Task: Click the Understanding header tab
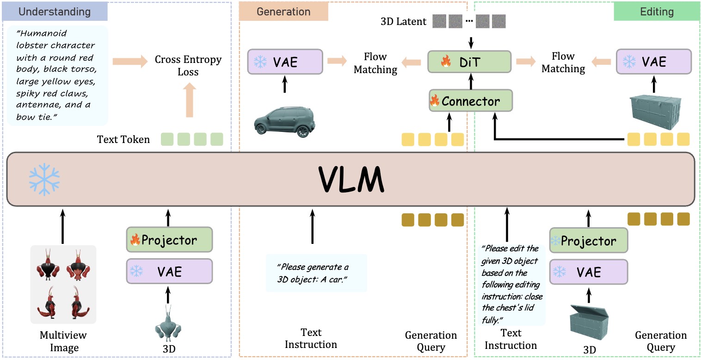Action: pyautogui.click(x=55, y=11)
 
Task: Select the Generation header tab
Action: pyautogui.click(x=283, y=12)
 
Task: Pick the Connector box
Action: pyautogui.click(x=471, y=101)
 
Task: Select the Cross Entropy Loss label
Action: pyautogui.click(x=188, y=66)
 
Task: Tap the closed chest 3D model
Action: pyautogui.click(x=653, y=109)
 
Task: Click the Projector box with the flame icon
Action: pyautogui.click(x=169, y=240)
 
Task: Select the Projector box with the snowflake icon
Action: pyautogui.click(x=589, y=241)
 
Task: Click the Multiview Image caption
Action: pyautogui.click(x=63, y=341)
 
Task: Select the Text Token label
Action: pyautogui.click(x=123, y=139)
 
